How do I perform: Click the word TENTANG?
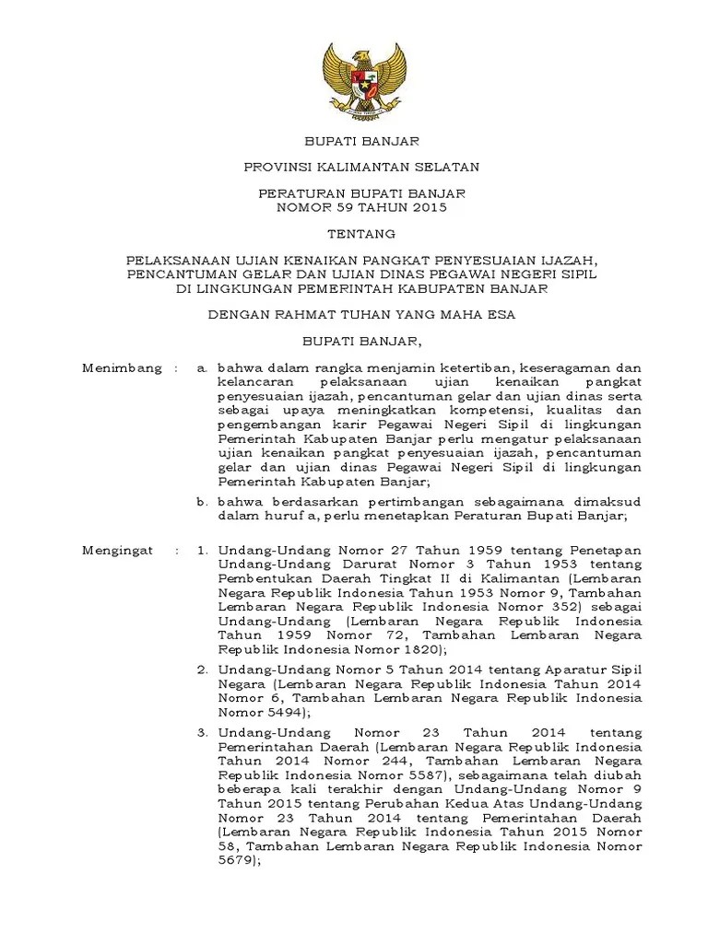coord(363,233)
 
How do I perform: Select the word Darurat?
coord(350,564)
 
